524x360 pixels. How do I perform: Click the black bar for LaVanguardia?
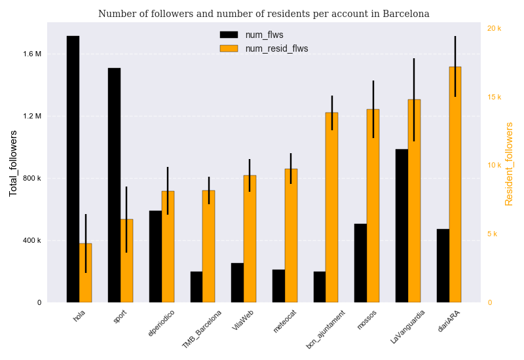pos(402,226)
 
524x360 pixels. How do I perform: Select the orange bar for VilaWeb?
pos(250,239)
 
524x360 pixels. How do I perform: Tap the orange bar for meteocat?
pos(291,236)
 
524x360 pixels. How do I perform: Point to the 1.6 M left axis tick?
pos(32,54)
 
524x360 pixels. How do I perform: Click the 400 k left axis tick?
pos(32,240)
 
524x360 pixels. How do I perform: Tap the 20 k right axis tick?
pos(495,28)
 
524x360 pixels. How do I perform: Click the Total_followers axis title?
pos(14,163)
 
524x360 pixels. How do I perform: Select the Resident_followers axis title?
pos(509,164)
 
